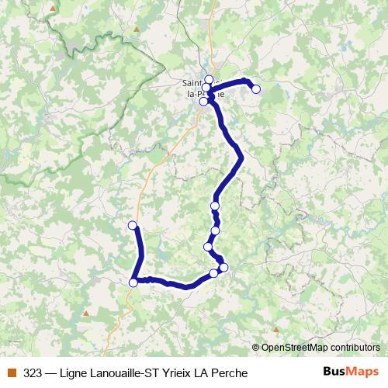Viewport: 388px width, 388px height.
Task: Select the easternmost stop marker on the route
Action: [x=256, y=89]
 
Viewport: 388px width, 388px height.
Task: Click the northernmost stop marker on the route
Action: [x=209, y=78]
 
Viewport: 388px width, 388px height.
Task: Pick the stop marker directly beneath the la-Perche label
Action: [x=203, y=102]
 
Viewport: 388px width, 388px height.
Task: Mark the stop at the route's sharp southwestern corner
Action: [x=133, y=282]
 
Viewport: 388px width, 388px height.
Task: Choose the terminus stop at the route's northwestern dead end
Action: [x=132, y=225]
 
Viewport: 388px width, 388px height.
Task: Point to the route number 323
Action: [x=33, y=373]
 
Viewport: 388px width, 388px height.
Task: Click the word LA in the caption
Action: [x=200, y=373]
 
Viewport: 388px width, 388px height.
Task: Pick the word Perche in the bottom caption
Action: [x=230, y=373]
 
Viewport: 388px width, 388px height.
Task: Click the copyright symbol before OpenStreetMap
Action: [x=256, y=347]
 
